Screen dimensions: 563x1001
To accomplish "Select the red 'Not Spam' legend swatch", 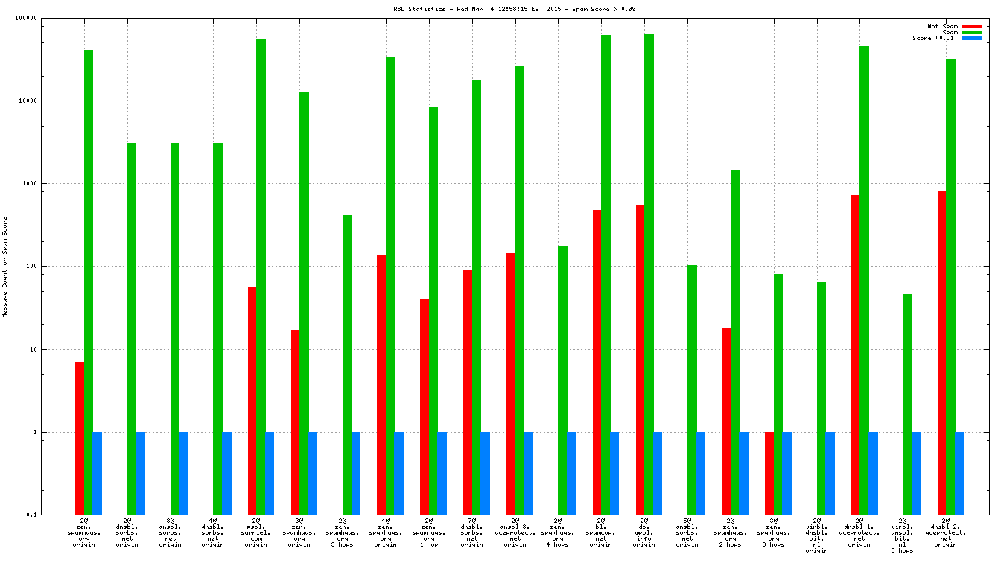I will [972, 26].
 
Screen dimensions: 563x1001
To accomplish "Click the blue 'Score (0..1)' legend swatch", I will [972, 38].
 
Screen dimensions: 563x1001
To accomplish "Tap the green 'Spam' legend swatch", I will [972, 32].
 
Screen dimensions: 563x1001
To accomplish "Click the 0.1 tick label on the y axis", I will [52, 515].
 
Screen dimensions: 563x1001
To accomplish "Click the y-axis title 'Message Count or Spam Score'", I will [5, 267].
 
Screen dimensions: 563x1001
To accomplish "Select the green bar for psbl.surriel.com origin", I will [261, 276].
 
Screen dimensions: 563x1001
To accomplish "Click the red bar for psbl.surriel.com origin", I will [252, 400].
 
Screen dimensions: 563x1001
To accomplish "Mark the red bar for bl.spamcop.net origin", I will [597, 362].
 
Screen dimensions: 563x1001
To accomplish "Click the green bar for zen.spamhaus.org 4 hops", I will [562, 380].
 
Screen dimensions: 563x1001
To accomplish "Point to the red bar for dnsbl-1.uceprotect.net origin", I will [855, 354].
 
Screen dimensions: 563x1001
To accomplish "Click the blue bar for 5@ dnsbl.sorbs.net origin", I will [701, 473].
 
